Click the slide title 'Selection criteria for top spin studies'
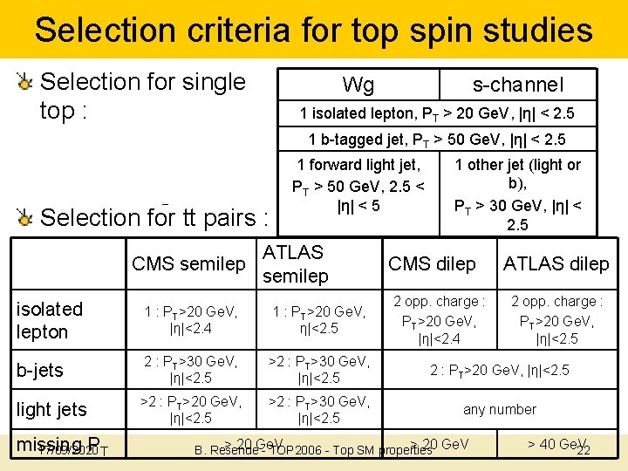coord(314,31)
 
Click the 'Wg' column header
coord(358,85)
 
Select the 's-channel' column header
coord(517,85)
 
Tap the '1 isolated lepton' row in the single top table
coord(436,113)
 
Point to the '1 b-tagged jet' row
coord(436,140)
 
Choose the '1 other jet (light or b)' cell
coord(518,194)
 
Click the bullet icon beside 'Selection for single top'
coord(25,83)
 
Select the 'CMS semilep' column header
coord(188,263)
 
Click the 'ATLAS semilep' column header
coord(295,263)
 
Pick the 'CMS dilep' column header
coord(432,263)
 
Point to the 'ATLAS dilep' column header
coord(556,263)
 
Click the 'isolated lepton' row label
coord(50,320)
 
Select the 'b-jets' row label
coord(40,370)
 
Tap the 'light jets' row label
coord(52,409)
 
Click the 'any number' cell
coord(500,409)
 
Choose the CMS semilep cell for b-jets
coord(189,370)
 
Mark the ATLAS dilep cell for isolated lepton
coord(556,320)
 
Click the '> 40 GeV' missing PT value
coord(556,444)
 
